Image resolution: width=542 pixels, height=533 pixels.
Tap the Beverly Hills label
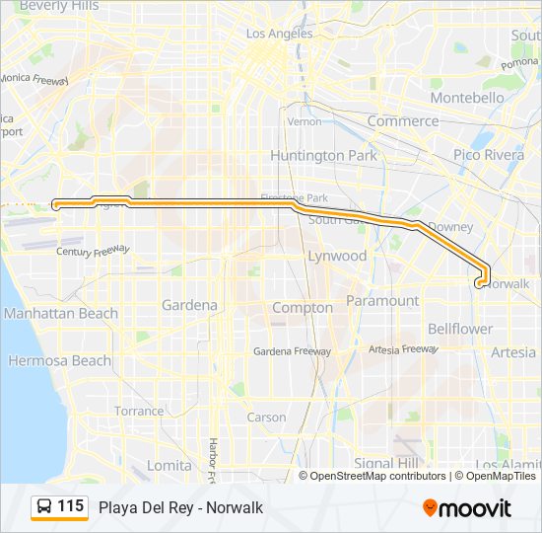(59, 6)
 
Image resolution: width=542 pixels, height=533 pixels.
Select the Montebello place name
(468, 99)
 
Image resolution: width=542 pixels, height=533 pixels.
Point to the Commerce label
(403, 121)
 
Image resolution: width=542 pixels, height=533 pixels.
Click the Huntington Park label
(322, 156)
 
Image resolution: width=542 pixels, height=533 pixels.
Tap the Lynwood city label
(337, 256)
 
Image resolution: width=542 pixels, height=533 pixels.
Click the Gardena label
(189, 305)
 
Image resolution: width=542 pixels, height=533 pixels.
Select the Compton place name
(303, 308)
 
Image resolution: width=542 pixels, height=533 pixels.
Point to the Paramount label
(382, 300)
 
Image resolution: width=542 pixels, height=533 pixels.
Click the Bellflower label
(460, 329)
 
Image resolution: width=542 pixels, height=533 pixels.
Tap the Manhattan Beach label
(60, 314)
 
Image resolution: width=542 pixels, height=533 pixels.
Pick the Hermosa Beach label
(60, 361)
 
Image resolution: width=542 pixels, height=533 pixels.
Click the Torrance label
(139, 411)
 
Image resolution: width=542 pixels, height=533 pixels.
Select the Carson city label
(266, 418)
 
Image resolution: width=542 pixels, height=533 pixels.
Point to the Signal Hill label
(387, 463)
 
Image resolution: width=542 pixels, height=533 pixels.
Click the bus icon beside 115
(44, 507)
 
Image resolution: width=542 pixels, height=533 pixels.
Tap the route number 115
(70, 507)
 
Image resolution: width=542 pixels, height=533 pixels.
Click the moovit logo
(467, 508)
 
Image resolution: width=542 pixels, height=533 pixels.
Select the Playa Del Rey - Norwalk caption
(180, 508)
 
